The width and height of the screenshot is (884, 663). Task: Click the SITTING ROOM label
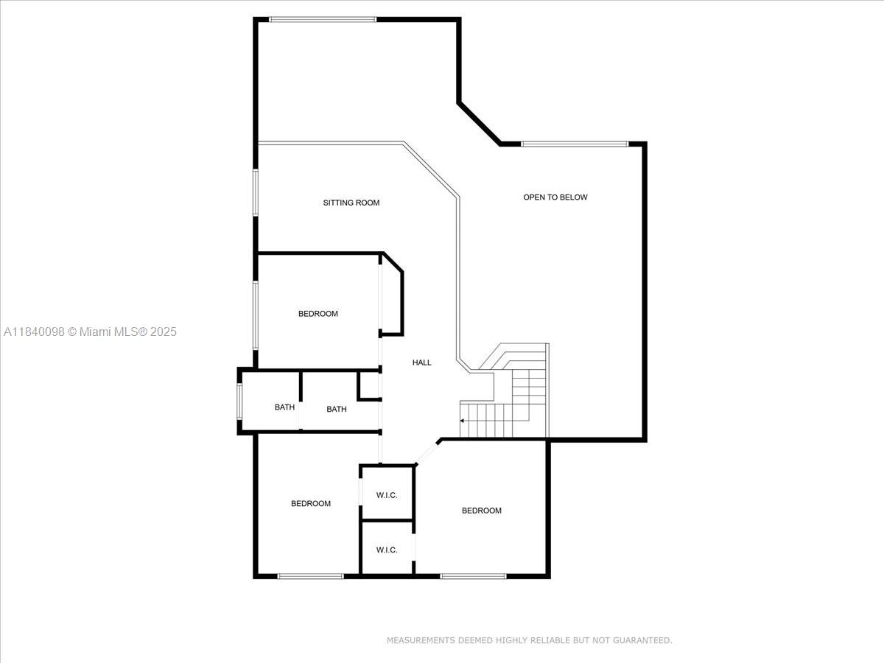pos(351,203)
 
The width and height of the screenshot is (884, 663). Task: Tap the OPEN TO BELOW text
pos(555,197)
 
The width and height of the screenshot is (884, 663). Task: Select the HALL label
pos(421,362)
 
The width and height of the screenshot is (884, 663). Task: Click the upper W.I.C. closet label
pos(387,495)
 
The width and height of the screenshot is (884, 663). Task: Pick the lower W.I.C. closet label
pos(387,550)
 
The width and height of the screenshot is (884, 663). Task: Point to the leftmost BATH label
pos(284,407)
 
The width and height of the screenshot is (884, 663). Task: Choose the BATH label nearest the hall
pos(336,409)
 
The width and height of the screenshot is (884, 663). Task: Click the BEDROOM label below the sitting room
pos(318,314)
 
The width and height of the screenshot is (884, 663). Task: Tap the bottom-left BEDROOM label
pos(311,503)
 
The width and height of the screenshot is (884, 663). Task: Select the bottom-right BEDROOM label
pos(481,511)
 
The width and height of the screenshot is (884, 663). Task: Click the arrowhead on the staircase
pos(462,421)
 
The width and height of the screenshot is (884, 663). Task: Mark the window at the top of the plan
pos(323,19)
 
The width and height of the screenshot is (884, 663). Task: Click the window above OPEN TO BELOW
pos(575,144)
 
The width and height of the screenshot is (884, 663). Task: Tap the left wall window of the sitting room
pos(256,193)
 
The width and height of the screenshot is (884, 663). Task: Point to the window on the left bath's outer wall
pos(239,401)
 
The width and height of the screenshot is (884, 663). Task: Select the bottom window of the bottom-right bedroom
pos(473,577)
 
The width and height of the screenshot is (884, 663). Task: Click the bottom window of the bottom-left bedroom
pos(311,577)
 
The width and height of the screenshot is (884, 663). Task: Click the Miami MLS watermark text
pos(90,331)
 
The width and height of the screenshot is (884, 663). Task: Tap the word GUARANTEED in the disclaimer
pos(642,640)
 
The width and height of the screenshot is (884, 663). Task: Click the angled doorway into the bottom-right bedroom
pos(426,454)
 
